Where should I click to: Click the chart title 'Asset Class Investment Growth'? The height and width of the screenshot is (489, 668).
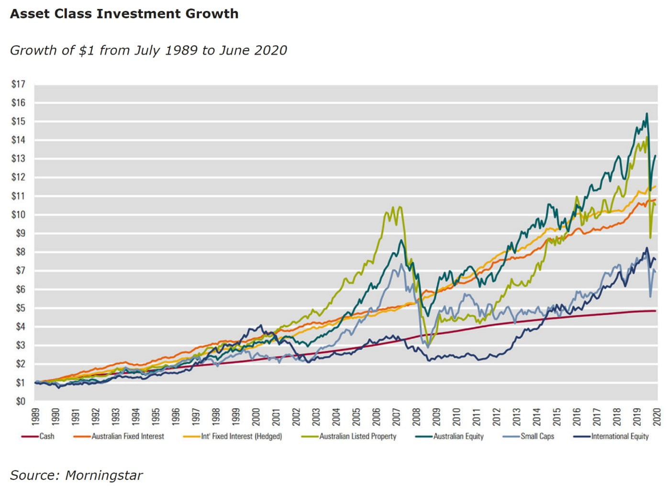pos(124,13)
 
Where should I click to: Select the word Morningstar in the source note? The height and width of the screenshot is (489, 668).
pos(104,475)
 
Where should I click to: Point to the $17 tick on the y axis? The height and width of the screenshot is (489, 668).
pos(18,84)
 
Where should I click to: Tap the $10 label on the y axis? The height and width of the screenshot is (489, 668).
pos(18,215)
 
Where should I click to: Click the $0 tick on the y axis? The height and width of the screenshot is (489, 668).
pos(20,401)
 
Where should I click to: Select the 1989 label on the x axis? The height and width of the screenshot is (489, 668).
pos(36,416)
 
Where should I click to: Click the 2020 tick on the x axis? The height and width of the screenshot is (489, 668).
pos(657,416)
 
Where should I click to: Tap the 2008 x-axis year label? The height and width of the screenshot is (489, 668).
pos(416,416)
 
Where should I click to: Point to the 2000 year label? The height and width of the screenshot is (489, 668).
pos(256,416)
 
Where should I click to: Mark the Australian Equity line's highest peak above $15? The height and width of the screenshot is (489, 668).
pos(646,114)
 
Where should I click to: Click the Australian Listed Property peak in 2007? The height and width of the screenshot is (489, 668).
pos(393,207)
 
